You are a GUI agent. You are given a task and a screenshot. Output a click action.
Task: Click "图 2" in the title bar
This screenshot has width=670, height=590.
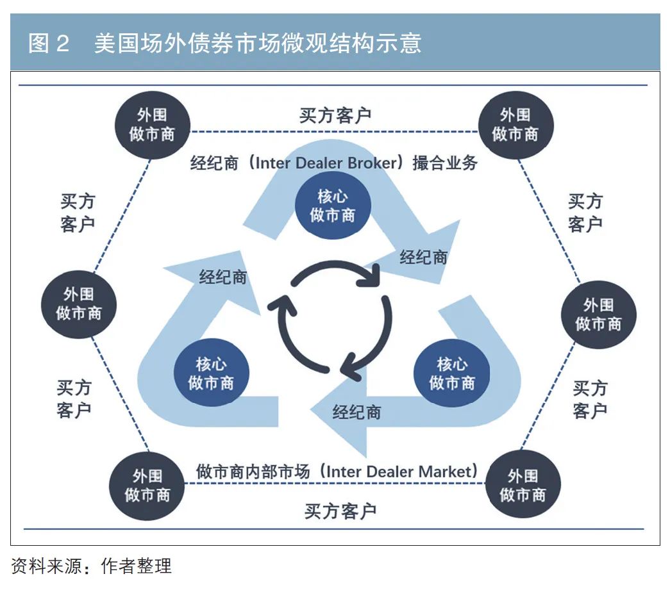pos(49,43)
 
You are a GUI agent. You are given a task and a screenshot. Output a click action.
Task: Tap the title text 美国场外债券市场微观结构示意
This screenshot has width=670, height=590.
pos(257,43)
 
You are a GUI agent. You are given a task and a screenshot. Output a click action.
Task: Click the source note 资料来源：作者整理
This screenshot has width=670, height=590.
pos(91,566)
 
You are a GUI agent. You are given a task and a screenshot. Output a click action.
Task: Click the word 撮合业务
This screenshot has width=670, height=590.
pos(445,163)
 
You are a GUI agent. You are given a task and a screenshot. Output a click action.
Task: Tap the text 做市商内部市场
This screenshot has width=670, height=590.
pos(253,472)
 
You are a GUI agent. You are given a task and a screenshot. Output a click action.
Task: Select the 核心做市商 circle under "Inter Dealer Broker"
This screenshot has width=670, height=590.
pos(333,206)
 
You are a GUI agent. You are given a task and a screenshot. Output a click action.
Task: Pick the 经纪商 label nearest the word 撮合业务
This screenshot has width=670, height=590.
pos(423,258)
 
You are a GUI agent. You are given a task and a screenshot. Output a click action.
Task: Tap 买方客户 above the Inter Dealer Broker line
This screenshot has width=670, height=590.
pos(335,115)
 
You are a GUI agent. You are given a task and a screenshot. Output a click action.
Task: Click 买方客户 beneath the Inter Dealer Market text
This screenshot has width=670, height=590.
pos(340,511)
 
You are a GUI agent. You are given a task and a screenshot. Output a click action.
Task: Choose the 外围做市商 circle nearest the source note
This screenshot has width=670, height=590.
pos(147,486)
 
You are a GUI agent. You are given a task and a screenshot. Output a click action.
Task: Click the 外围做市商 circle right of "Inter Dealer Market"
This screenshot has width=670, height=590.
pos(523,485)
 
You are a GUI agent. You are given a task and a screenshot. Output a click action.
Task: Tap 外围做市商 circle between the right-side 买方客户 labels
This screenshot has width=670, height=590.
pos(598,315)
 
